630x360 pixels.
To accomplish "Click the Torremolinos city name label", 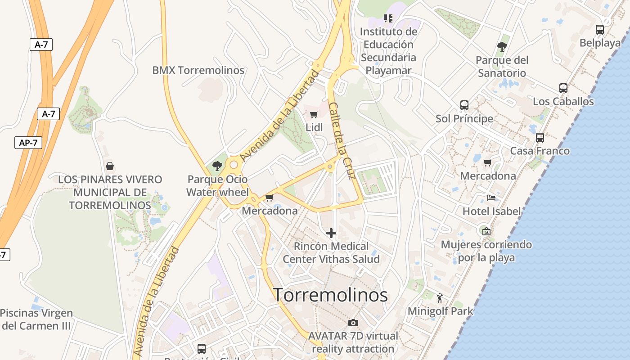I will (331, 295).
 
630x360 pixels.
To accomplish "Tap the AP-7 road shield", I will (28, 143).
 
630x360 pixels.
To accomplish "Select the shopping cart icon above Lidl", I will (314, 114).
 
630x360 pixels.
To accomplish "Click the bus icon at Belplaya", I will (599, 30).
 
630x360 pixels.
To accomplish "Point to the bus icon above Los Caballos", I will (563, 88).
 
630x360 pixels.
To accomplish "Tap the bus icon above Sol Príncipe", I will (464, 105).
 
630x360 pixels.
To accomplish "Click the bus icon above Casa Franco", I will (540, 138).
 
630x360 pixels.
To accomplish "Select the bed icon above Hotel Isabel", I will (491, 198).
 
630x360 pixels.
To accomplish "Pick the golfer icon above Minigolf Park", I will (440, 297).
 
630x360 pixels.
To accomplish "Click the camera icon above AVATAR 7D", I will (353, 323).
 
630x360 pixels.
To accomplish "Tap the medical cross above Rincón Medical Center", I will (331, 233).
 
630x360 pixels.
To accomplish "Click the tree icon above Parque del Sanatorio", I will (502, 47).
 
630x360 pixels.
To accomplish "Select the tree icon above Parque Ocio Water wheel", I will (217, 166).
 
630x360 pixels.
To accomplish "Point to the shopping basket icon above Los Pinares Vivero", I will (109, 166).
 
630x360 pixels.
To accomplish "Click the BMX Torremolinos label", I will (198, 70).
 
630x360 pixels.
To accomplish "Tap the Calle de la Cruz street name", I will (342, 140).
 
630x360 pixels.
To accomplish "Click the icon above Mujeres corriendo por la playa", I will (486, 231).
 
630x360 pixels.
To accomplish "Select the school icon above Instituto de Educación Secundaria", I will (388, 18).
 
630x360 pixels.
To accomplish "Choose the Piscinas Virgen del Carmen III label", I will (36, 319).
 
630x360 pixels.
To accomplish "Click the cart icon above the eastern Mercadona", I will (487, 162).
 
